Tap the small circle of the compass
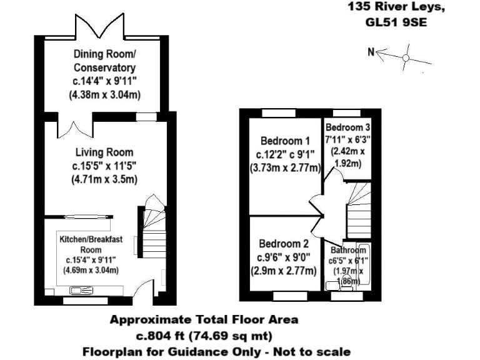coord(405,58)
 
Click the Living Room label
coord(104,152)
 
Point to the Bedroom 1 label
coord(284,140)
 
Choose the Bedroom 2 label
coord(284,244)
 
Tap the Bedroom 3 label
coord(344,127)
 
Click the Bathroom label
coord(348,251)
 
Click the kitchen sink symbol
coord(81,290)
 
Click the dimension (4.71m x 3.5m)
coord(104,180)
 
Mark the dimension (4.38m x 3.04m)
coord(104,95)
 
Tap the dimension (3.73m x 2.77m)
coord(284,168)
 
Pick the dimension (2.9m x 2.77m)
coord(284,271)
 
